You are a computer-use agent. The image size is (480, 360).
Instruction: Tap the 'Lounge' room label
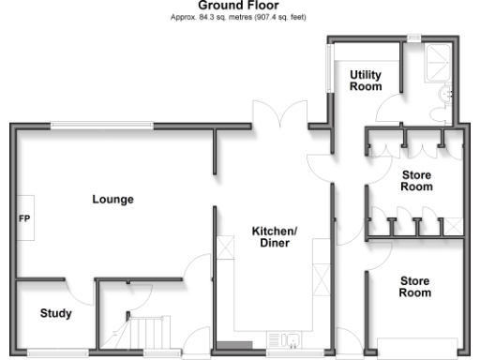(112, 200)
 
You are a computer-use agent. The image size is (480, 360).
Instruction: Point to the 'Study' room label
(55, 313)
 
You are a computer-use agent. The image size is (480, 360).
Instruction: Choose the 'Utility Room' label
(366, 81)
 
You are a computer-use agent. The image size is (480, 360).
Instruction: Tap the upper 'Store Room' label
(416, 181)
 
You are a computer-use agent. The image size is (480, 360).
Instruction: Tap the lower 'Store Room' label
(416, 286)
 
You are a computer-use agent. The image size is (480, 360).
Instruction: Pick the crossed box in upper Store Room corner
(454, 225)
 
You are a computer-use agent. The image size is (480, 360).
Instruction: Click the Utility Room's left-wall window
(328, 71)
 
